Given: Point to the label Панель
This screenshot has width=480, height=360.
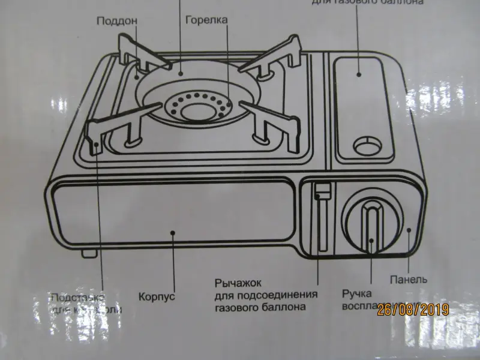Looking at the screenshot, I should pyautogui.click(x=408, y=280).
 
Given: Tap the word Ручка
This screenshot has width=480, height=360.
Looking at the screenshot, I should pyautogui.click(x=358, y=294).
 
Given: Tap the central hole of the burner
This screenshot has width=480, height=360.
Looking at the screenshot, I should pyautogui.click(x=199, y=110).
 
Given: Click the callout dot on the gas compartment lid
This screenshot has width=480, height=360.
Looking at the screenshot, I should pyautogui.click(x=359, y=74).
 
